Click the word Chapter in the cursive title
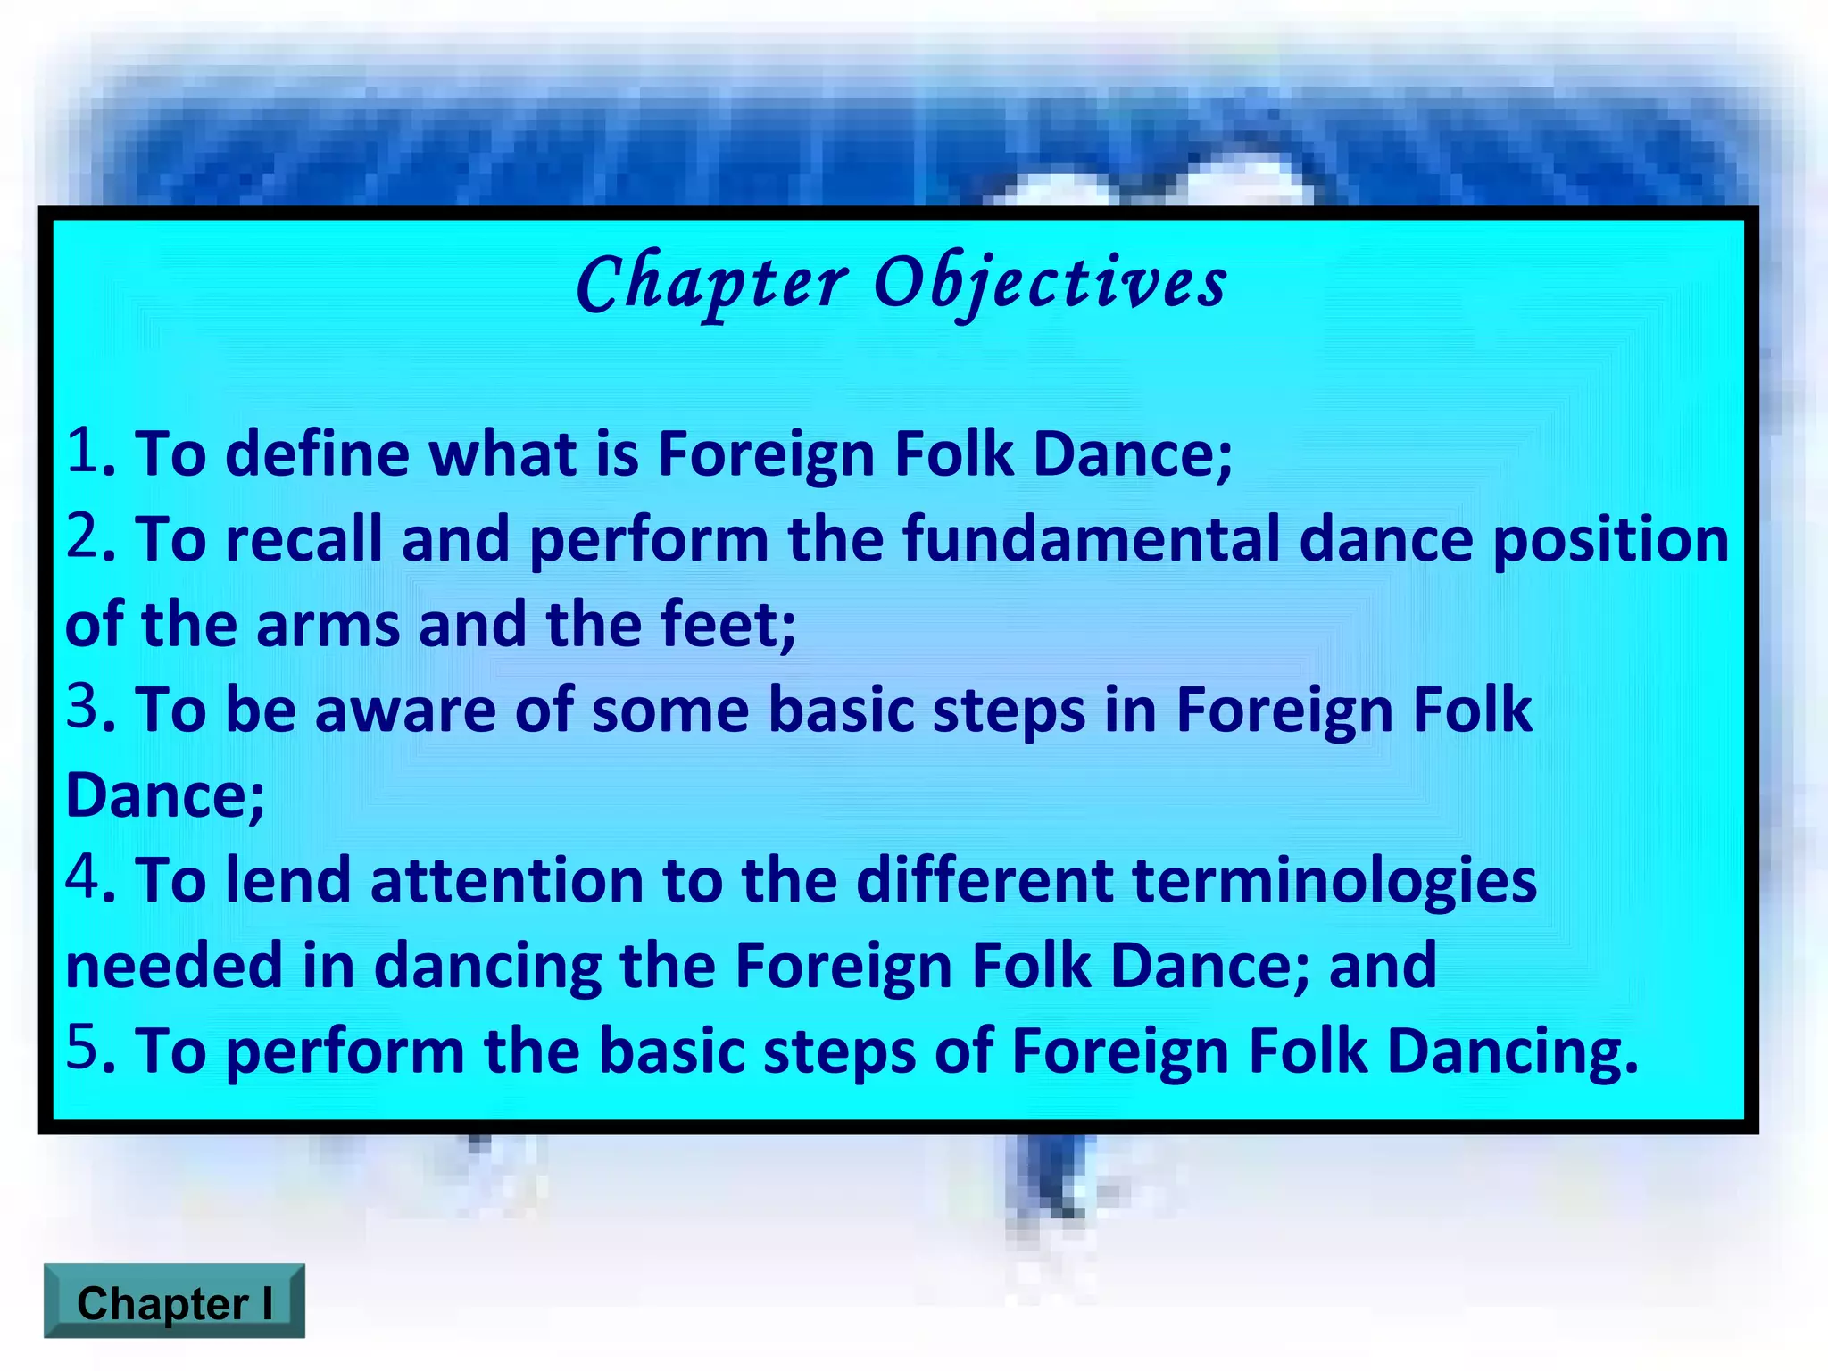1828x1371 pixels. click(711, 283)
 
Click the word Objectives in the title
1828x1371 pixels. click(1050, 283)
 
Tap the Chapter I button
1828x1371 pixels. click(174, 1302)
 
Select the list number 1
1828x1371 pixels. click(82, 451)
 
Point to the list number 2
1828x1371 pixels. click(83, 536)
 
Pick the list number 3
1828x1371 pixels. click(83, 707)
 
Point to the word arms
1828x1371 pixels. click(328, 625)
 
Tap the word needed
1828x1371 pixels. click(174, 966)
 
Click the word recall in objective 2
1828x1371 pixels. click(303, 539)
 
